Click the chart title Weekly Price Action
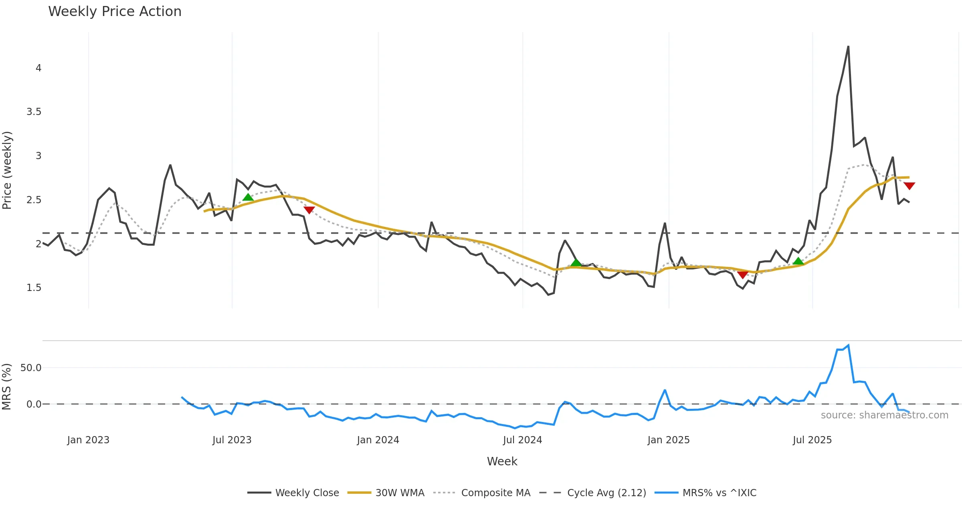[115, 12]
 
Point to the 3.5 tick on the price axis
[34, 112]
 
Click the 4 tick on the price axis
[38, 68]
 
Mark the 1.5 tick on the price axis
[34, 288]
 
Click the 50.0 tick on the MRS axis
[31, 368]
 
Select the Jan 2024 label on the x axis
[378, 440]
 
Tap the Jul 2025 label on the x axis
[812, 440]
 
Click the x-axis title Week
[502, 462]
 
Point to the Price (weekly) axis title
[7, 170]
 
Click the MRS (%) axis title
[6, 387]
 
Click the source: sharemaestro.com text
[884, 415]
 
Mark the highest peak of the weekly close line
[848, 46]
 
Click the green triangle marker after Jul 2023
[248, 197]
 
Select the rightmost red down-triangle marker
[909, 186]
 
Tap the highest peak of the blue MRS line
[849, 345]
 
